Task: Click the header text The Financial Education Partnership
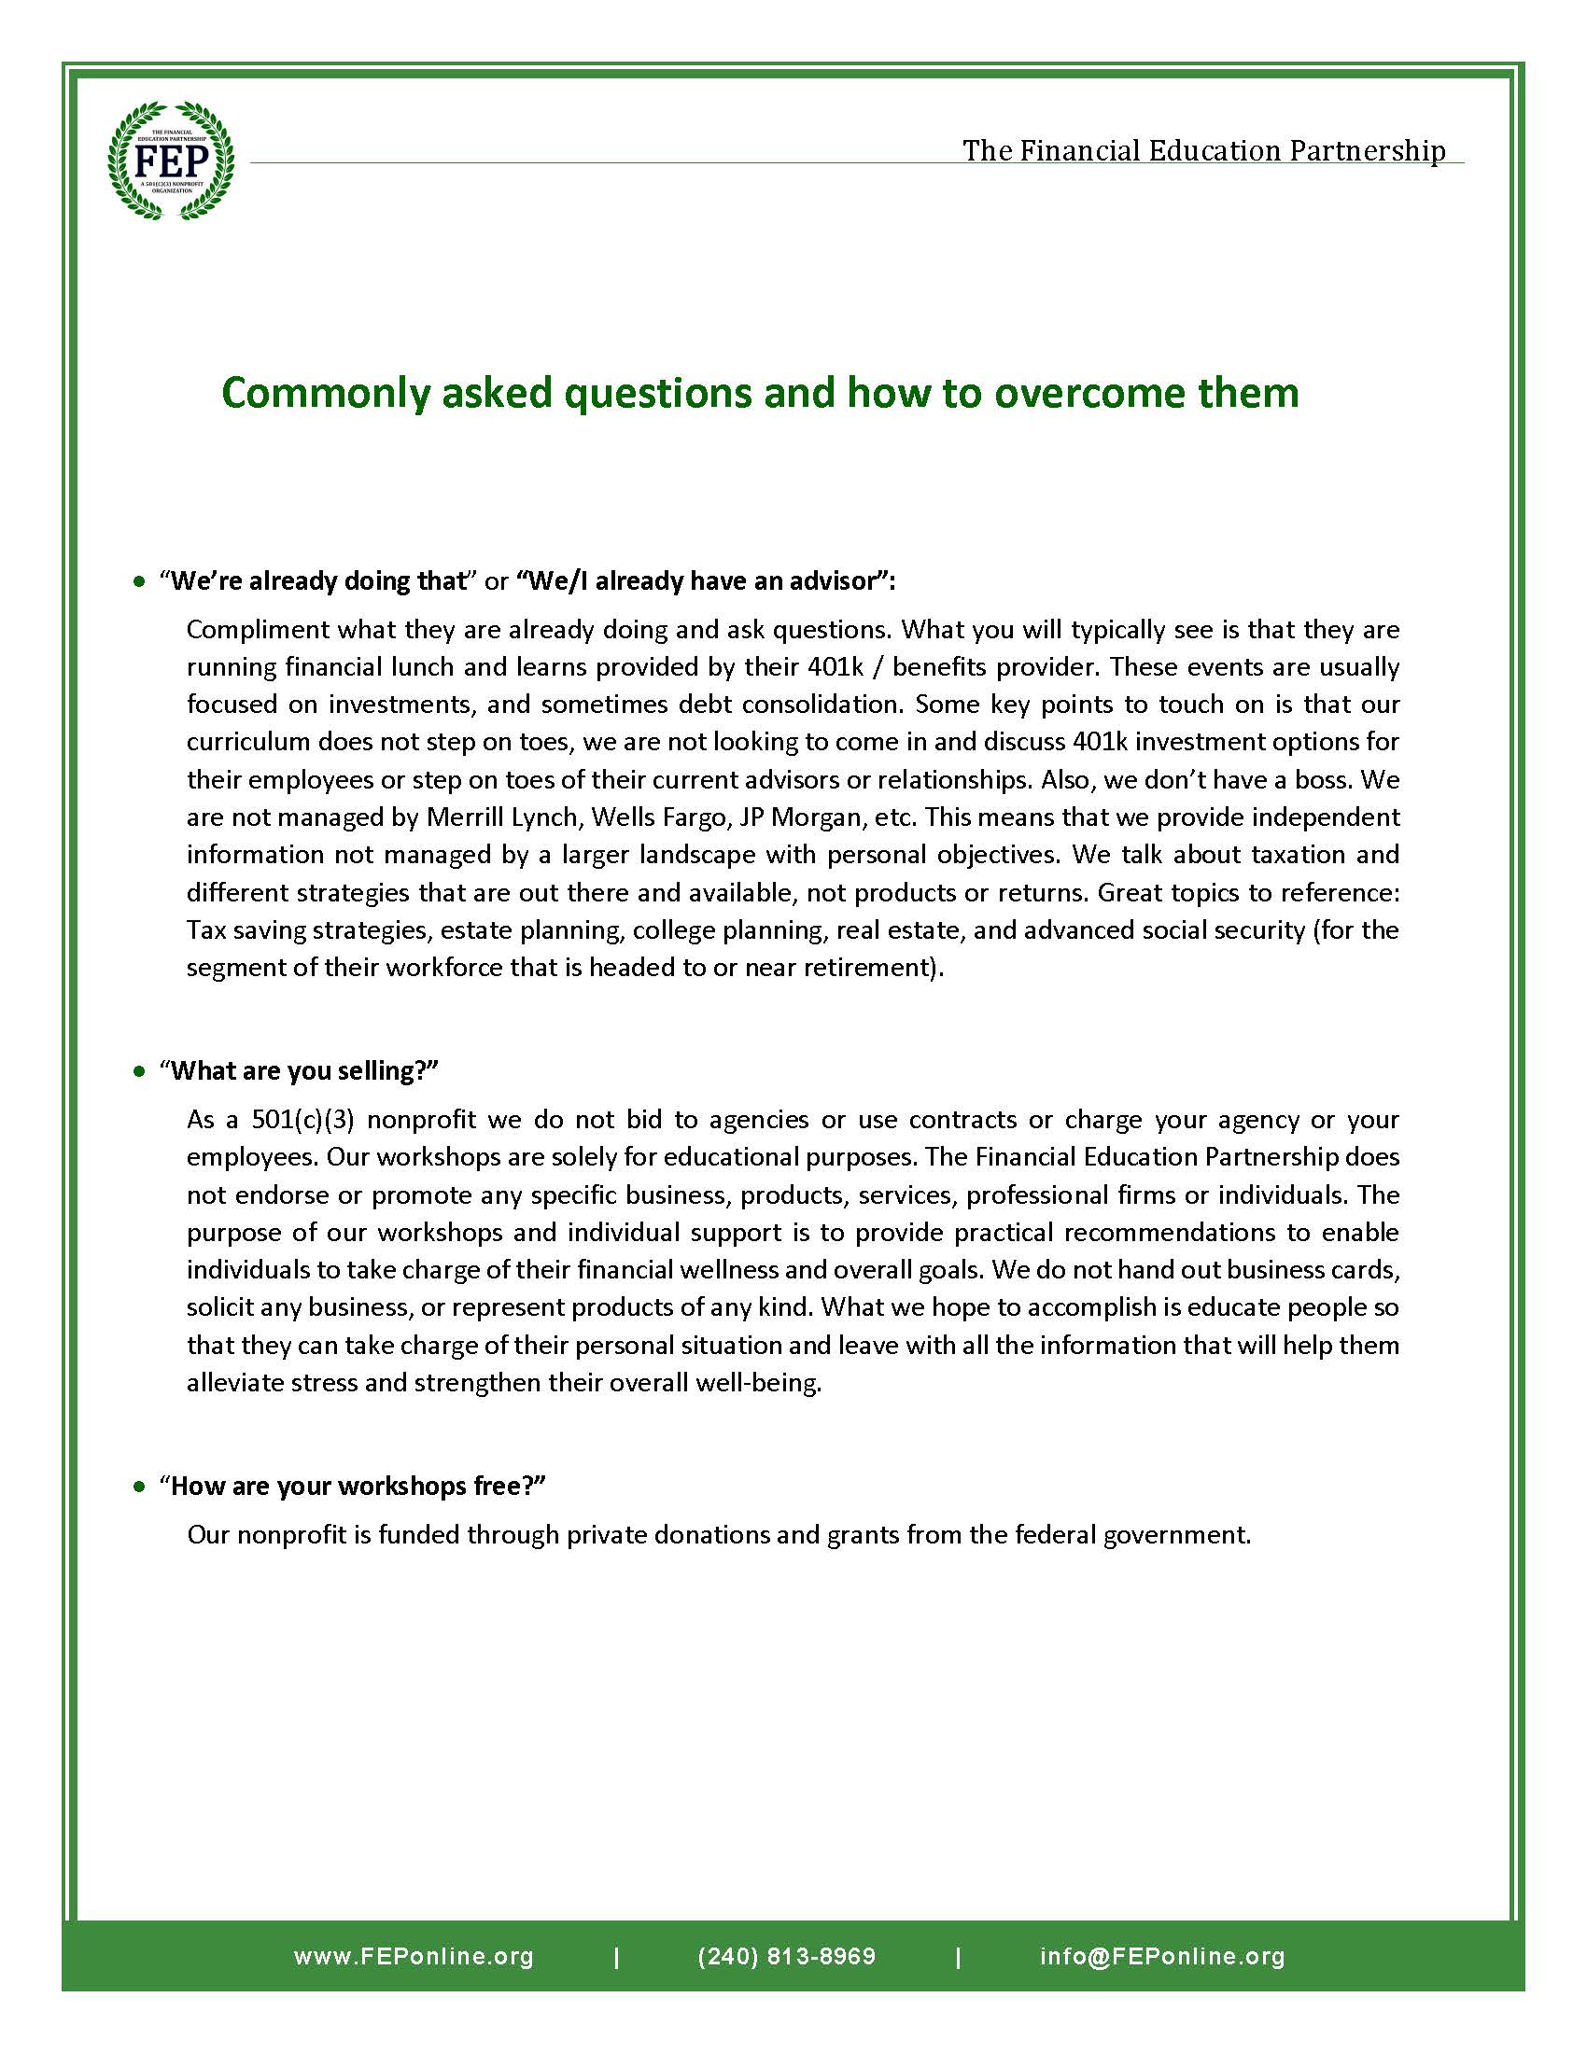1202,150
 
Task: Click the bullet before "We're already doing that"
140,582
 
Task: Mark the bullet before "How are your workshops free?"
140,1487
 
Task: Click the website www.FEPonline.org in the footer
414,1956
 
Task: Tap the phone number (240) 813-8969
786,1956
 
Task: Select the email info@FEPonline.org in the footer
1162,1956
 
